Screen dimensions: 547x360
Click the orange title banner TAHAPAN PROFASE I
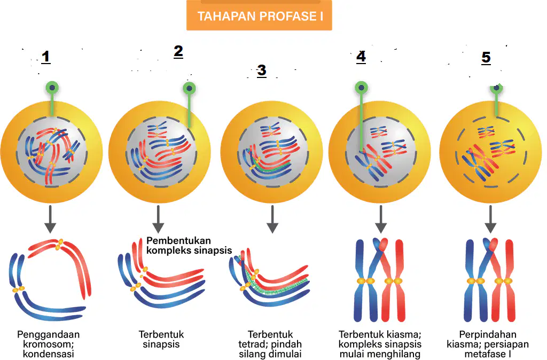pos(259,15)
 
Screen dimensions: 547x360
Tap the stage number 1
pos(46,57)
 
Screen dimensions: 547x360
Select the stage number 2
pos(178,51)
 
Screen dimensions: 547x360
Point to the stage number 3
pos(262,71)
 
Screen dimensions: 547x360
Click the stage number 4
pos(361,57)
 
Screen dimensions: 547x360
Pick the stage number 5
pos(486,58)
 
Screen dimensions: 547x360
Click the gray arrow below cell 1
pos(50,219)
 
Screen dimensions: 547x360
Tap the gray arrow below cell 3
pos(272,219)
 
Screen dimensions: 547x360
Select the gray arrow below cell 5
pos(490,219)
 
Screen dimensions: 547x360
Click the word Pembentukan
pos(178,241)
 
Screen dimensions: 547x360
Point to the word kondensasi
pos(49,354)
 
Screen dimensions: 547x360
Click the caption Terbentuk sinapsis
pos(161,339)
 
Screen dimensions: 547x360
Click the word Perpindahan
pos(487,334)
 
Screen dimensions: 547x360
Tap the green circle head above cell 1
pos(52,87)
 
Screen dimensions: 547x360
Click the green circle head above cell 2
pos(190,88)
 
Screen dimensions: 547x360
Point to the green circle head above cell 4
pos(362,87)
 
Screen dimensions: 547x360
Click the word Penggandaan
pos(49,334)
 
